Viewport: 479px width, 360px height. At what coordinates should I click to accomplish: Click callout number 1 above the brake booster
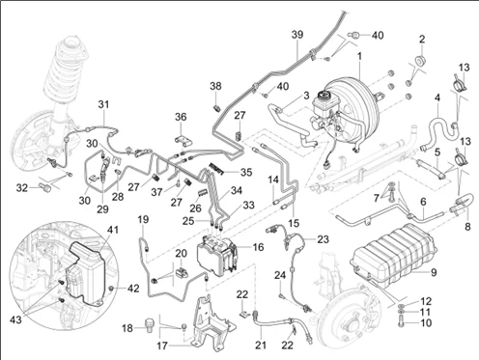[x=359, y=56]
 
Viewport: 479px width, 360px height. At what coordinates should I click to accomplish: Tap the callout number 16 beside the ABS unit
[x=258, y=247]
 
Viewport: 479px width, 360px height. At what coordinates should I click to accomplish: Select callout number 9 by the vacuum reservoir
[x=434, y=272]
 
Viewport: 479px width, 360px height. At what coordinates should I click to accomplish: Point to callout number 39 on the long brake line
[x=297, y=35]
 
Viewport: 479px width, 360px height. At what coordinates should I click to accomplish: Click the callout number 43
[x=15, y=319]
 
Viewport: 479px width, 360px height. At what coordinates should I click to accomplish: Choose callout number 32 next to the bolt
[x=22, y=187]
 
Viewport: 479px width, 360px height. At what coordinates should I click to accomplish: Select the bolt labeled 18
[x=149, y=324]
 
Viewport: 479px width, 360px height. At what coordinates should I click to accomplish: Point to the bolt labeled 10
[x=402, y=320]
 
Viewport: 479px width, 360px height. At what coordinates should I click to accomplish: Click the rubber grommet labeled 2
[x=419, y=60]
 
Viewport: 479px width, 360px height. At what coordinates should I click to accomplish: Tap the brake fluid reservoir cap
[x=322, y=96]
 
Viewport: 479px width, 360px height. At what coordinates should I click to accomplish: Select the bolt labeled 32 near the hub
[x=46, y=187]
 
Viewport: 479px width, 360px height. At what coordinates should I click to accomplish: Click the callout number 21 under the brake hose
[x=261, y=345]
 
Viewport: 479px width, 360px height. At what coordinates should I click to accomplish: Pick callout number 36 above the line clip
[x=181, y=117]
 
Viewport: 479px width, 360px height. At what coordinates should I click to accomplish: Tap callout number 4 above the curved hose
[x=437, y=97]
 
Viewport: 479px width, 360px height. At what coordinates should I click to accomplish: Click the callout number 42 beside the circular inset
[x=133, y=288]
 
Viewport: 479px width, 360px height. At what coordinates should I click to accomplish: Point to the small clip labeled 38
[x=216, y=107]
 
